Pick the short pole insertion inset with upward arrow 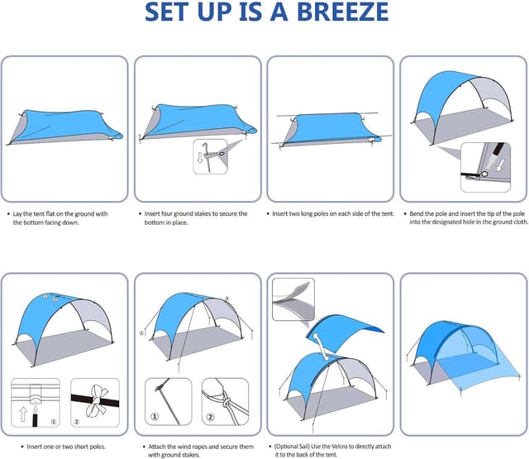click(36, 403)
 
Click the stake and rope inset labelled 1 click(168, 403)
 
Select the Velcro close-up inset click(293, 299)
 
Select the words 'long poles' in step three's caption click(327, 213)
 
